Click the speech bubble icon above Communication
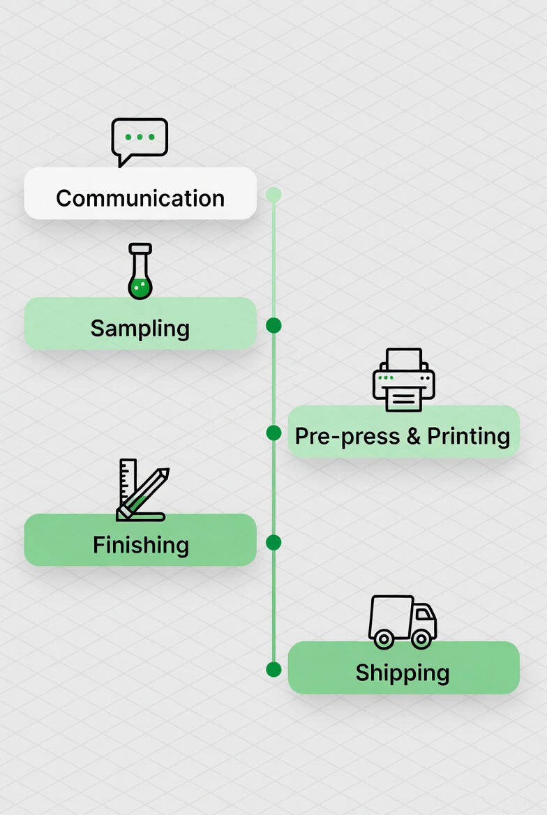[x=140, y=140]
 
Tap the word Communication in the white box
[x=140, y=198]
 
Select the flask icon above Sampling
[x=140, y=271]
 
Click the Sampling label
[x=140, y=328]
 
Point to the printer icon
[x=403, y=380]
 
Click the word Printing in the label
[x=468, y=436]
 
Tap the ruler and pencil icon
[x=142, y=491]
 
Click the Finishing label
[x=141, y=544]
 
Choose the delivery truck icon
[x=402, y=621]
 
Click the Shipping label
[x=403, y=673]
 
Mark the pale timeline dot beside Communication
[x=273, y=195]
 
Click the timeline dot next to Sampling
[x=273, y=325]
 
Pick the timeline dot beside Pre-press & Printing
[x=273, y=433]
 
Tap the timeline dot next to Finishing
[x=273, y=542]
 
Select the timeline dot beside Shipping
[x=273, y=669]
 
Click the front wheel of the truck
[x=421, y=638]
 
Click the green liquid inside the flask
[x=140, y=287]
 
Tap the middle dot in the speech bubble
[x=140, y=137]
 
